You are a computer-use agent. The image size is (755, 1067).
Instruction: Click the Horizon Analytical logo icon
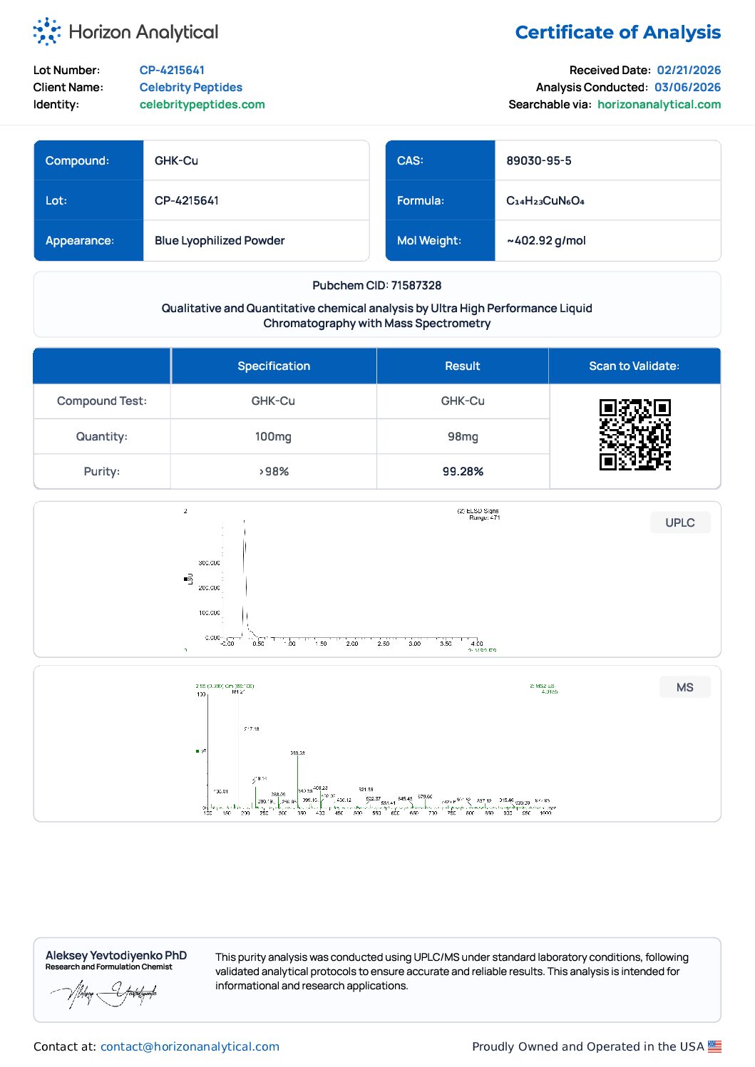tap(47, 31)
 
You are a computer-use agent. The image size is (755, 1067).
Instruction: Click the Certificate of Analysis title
tap(617, 33)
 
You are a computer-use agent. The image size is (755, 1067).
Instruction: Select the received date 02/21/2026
tap(689, 70)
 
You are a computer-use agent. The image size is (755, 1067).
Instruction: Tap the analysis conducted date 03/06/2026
tap(687, 87)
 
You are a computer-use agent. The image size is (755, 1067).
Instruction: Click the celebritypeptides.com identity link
tap(202, 104)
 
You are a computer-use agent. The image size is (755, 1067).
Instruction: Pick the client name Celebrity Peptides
tap(190, 87)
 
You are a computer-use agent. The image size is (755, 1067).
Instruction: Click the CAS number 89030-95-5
tap(538, 160)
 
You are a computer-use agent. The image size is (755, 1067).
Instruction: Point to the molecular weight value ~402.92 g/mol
tap(546, 240)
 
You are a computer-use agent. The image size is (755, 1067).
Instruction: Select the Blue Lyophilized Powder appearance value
tap(220, 240)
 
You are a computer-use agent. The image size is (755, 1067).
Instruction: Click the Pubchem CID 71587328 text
tap(376, 285)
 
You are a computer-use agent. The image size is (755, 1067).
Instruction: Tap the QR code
tap(635, 435)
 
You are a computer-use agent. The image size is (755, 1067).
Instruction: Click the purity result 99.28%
tap(463, 471)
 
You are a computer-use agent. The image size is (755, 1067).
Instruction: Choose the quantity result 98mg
tap(463, 436)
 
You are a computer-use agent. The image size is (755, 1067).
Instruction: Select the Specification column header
tap(274, 366)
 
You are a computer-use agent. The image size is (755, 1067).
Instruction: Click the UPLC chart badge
tap(679, 522)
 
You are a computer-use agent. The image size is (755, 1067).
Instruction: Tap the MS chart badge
tap(684, 687)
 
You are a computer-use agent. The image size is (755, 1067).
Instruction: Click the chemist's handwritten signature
tap(104, 993)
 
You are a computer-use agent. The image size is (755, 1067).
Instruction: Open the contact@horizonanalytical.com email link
tap(190, 1046)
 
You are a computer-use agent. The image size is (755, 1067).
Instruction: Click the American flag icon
tap(714, 1046)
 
